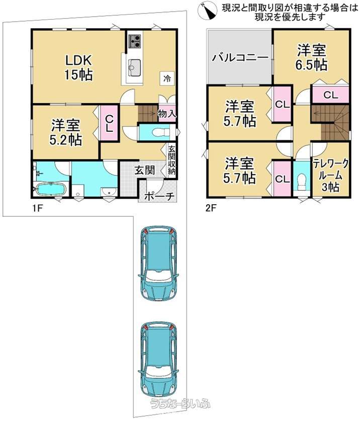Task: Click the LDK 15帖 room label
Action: tap(78, 67)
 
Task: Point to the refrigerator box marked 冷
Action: tap(167, 78)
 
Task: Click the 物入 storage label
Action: tap(167, 114)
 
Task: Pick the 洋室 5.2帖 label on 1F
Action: tap(66, 132)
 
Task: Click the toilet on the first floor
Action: tap(160, 132)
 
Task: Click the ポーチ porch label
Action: tap(159, 196)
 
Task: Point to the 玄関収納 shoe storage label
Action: tap(171, 160)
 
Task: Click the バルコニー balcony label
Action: tap(240, 57)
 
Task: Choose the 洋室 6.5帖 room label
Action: tap(311, 58)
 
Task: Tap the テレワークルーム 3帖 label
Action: tap(331, 175)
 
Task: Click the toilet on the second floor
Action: tap(302, 182)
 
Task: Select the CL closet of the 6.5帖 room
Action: tap(330, 95)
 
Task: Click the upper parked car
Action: tap(158, 264)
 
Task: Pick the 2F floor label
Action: tap(211, 208)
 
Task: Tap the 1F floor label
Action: tap(38, 208)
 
